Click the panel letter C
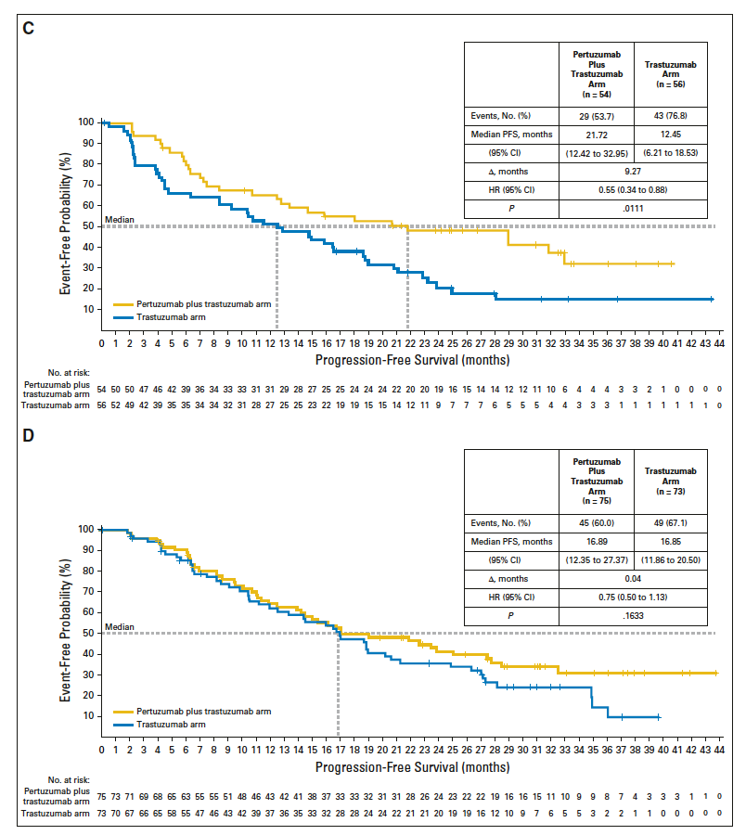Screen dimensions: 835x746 [x=28, y=27]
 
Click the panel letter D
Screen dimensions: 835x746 [x=28, y=434]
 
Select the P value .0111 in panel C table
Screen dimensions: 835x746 [x=634, y=209]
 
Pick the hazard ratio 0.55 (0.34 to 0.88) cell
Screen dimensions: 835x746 [x=634, y=190]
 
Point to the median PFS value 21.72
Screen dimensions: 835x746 [x=597, y=135]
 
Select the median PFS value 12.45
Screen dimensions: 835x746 [x=671, y=135]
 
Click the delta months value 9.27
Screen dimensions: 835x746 [x=634, y=172]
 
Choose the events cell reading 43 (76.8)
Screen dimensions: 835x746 [x=671, y=116]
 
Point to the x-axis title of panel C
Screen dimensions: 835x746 [x=411, y=358]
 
